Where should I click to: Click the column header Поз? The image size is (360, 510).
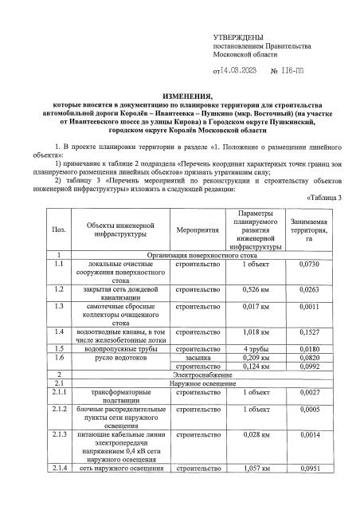click(57, 229)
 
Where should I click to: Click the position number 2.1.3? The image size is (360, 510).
click(57, 435)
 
